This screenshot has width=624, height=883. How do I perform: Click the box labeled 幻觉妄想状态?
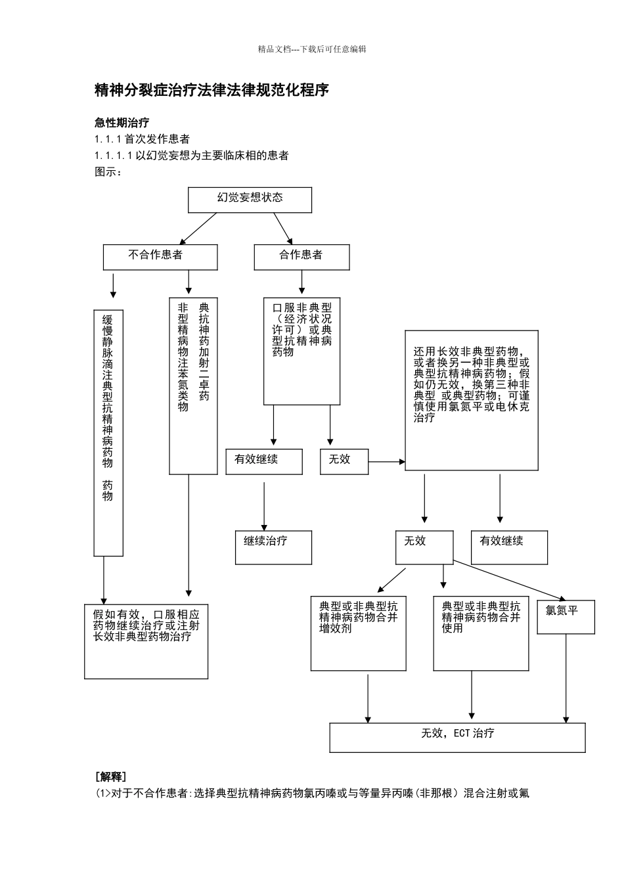[x=250, y=200]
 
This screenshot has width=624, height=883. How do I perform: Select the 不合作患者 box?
[x=160, y=257]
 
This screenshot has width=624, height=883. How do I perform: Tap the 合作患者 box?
[x=301, y=257]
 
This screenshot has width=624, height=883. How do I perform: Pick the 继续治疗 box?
[x=273, y=547]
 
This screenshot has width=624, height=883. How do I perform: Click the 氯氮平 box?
[x=566, y=617]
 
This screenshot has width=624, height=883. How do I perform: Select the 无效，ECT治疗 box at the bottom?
[x=457, y=737]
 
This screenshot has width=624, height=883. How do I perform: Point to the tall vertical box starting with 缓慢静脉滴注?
[x=108, y=433]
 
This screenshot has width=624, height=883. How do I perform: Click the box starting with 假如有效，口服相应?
[x=146, y=641]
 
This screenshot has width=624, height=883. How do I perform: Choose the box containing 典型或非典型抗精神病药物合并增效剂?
[x=358, y=634]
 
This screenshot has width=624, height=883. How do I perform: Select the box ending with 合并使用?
[x=481, y=634]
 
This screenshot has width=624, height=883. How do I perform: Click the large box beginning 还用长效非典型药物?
[x=471, y=400]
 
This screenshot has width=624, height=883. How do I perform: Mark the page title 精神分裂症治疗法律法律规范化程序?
[x=212, y=91]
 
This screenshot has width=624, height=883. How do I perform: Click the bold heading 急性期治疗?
[x=122, y=123]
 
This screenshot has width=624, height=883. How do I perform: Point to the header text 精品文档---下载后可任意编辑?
[x=312, y=49]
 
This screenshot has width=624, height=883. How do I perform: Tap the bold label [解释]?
[x=111, y=777]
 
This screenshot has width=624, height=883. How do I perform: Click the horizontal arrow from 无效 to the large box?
[x=386, y=462]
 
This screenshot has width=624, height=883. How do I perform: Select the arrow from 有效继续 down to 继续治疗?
[x=265, y=506]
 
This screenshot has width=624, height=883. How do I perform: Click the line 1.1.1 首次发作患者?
[x=143, y=139]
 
